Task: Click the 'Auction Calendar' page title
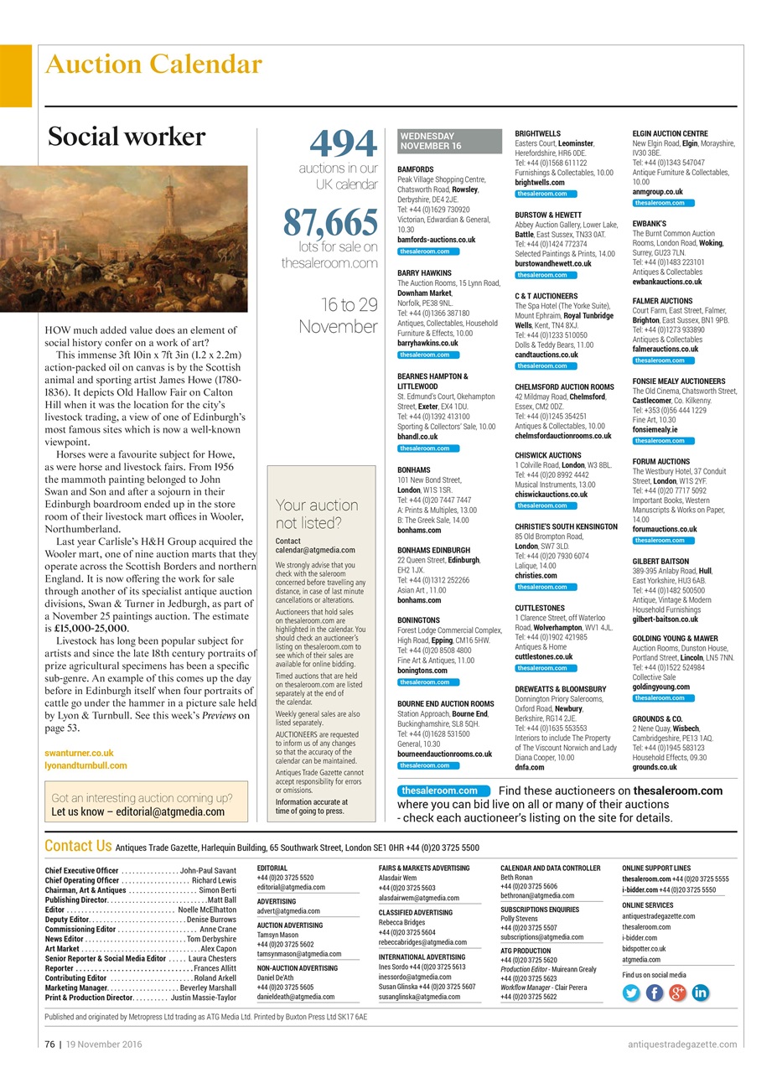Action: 153,65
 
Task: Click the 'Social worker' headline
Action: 126,137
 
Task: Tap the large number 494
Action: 344,144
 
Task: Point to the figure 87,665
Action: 329,222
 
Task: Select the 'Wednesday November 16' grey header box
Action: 449,141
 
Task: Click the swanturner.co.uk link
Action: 79,754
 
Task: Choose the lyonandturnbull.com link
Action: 85,765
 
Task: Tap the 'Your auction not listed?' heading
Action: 316,513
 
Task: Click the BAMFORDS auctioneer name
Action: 415,169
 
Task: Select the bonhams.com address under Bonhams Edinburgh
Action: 418,600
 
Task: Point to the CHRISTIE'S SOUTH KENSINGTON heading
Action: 566,526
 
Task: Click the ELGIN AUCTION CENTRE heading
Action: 670,133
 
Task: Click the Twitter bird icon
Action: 631,993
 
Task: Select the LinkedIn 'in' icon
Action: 700,993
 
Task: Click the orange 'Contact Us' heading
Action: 78,846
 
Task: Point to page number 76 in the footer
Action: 51,1044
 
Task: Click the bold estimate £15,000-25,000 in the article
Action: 91,628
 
